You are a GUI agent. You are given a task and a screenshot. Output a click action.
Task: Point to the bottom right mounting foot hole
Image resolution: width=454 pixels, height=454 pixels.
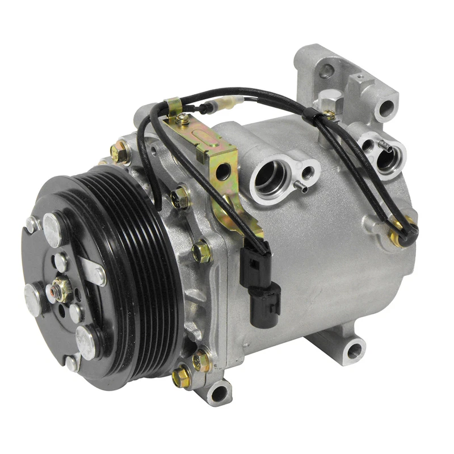(x=354, y=351)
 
